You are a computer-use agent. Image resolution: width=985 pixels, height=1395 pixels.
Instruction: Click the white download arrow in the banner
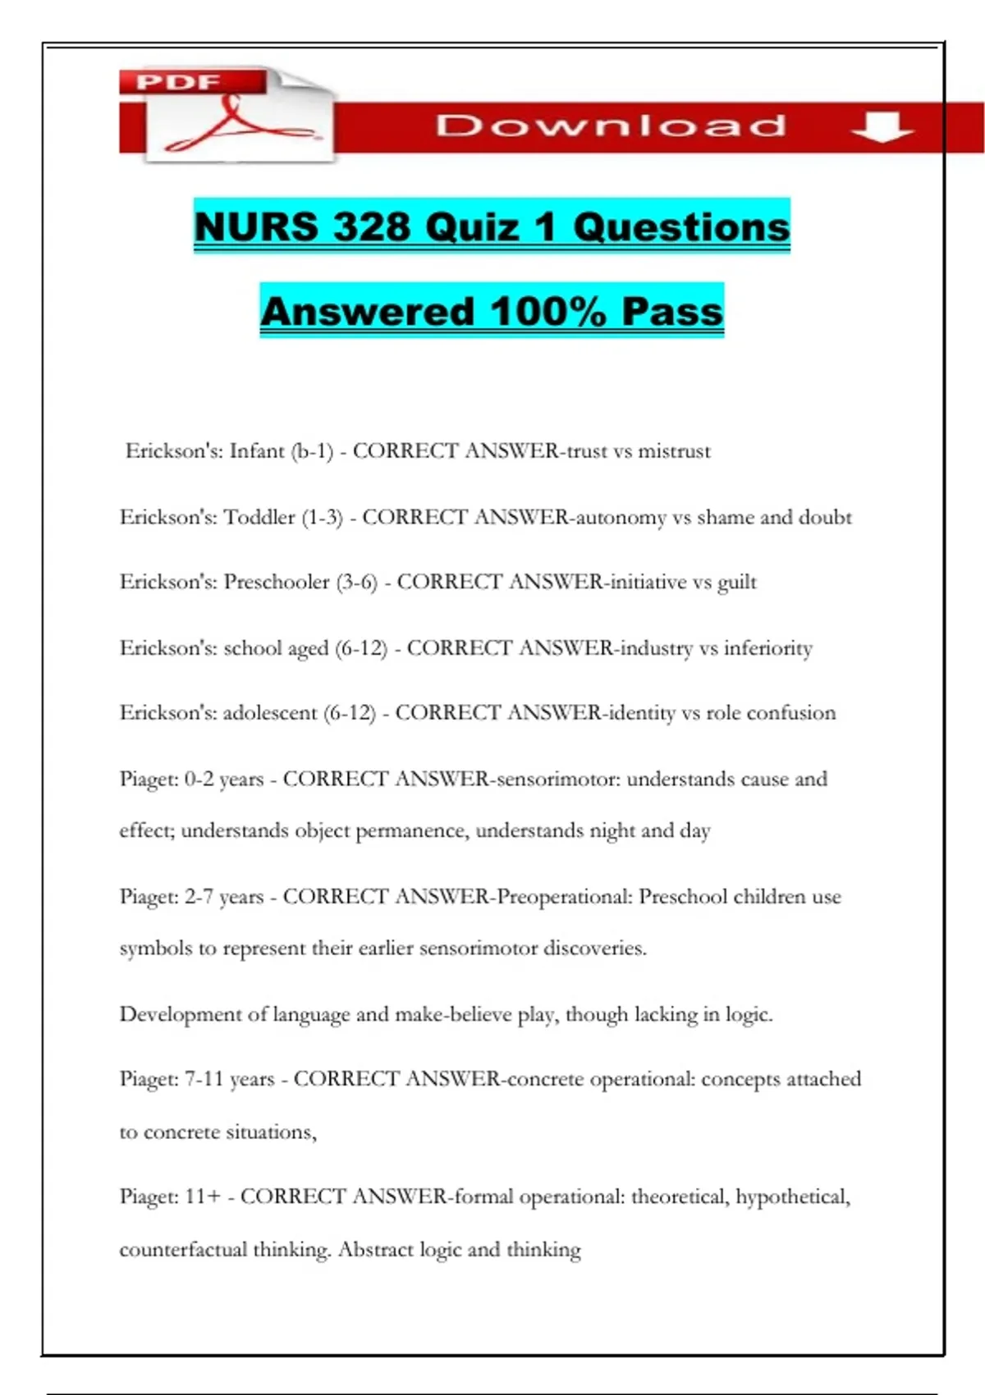click(882, 127)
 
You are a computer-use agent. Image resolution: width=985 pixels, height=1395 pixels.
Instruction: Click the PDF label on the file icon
click(178, 82)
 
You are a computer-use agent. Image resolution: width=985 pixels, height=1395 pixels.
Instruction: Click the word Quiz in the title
click(473, 226)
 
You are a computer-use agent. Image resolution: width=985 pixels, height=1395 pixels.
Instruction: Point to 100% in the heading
click(547, 312)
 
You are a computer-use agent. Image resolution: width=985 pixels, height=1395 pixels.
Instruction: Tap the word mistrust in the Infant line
click(674, 451)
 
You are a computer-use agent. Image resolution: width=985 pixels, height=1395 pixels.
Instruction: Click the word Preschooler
click(277, 583)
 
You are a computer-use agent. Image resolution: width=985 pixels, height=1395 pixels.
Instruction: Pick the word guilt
click(737, 583)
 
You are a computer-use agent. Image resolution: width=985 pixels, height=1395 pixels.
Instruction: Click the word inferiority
click(767, 648)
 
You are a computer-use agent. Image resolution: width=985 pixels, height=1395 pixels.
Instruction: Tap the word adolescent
click(270, 713)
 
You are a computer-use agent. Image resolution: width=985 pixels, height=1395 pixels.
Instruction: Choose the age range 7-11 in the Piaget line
click(204, 1079)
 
